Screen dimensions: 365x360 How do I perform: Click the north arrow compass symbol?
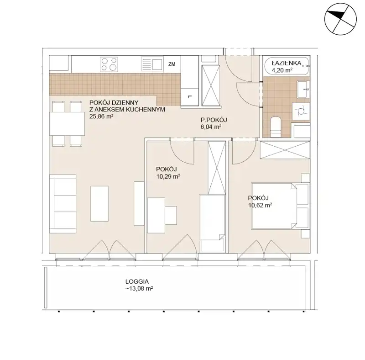click(340, 19)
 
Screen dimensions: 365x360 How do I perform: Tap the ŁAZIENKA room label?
click(287, 63)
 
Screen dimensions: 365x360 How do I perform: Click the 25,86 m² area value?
click(101, 116)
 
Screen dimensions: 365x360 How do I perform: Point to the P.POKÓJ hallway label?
click(214, 120)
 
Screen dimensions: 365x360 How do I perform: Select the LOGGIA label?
click(137, 282)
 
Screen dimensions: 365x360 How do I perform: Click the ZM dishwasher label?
click(172, 64)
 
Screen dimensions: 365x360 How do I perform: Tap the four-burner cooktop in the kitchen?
click(109, 64)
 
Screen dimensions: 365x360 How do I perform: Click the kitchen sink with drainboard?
click(151, 64)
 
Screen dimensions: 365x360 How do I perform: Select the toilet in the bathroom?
click(276, 127)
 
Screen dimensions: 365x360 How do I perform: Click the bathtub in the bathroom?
click(287, 66)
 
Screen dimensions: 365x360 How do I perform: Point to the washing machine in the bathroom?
click(301, 111)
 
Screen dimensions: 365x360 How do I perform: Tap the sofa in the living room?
click(63, 204)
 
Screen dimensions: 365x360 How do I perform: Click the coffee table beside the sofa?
click(99, 204)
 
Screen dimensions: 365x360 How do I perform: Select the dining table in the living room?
click(67, 123)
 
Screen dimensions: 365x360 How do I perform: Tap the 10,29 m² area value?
click(168, 176)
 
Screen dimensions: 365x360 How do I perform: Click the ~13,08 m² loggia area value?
click(139, 289)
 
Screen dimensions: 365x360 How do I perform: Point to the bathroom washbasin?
click(303, 89)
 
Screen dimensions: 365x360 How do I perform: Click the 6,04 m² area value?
click(211, 127)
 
